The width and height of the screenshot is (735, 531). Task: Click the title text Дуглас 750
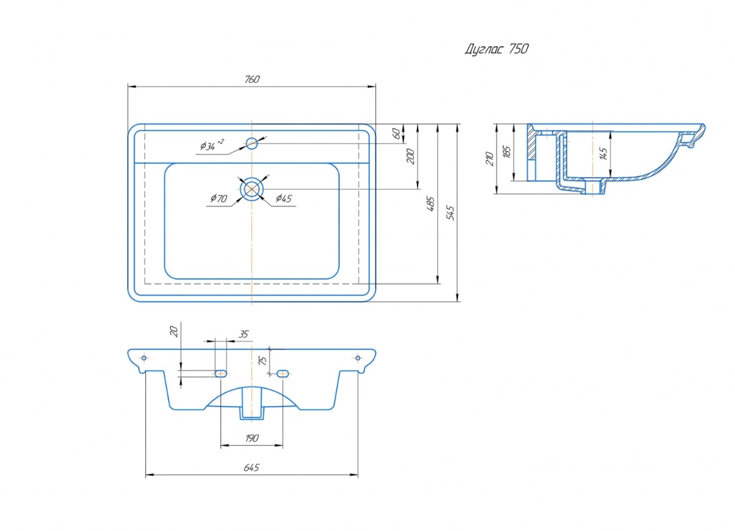tap(497, 49)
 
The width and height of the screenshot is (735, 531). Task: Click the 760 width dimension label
tap(252, 79)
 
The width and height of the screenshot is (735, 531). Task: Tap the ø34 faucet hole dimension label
tap(212, 145)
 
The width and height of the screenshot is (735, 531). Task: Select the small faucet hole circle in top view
tap(252, 142)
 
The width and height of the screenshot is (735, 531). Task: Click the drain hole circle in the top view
tap(252, 189)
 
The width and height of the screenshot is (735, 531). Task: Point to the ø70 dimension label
tap(219, 198)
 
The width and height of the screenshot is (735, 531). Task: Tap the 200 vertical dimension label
tap(411, 156)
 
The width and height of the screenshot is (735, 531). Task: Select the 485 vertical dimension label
tap(430, 204)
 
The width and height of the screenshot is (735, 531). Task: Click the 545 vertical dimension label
tap(451, 212)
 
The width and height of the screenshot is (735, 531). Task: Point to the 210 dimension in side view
tap(490, 159)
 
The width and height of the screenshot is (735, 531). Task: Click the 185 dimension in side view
tap(506, 152)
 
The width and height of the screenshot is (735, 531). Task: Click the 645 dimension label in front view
tap(252, 468)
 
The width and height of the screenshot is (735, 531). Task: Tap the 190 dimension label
tap(252, 438)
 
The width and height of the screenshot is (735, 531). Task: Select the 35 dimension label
tap(243, 333)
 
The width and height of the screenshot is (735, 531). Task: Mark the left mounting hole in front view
tap(143, 358)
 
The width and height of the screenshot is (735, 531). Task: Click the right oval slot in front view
tap(282, 372)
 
